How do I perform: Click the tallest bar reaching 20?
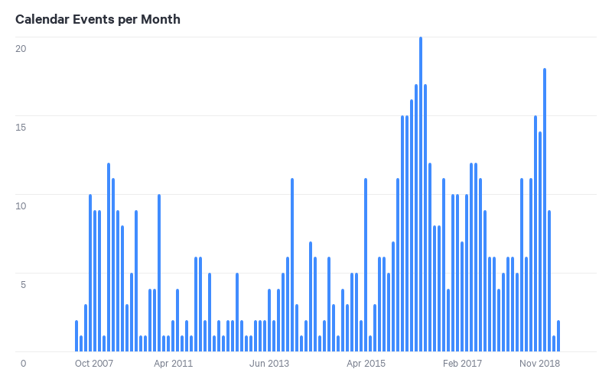point(421,195)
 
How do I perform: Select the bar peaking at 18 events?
point(545,210)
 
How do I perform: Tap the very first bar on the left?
point(76,336)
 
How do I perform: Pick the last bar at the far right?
point(558,336)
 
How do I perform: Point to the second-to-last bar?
point(554,344)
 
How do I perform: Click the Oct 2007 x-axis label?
point(95,363)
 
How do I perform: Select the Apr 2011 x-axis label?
point(173,363)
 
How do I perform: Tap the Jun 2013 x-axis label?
point(269,363)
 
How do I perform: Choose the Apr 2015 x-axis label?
point(366,363)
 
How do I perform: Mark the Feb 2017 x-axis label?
point(462,363)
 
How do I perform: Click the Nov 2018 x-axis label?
point(540,363)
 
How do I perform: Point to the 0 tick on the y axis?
point(23,363)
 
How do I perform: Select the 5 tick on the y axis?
point(23,284)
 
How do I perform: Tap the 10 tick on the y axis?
point(21,206)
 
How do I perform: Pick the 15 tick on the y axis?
point(21,127)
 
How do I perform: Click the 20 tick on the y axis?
point(21,48)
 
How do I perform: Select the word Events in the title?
point(95,19)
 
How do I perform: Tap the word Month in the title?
point(161,19)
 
